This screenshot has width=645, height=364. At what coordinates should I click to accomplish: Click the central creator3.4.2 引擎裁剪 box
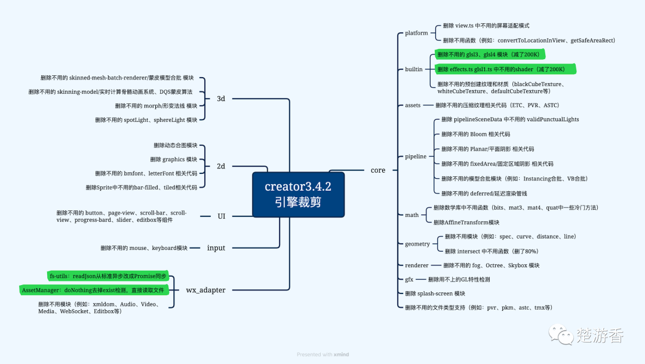coord(298,194)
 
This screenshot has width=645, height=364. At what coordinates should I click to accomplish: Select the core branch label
coord(377,170)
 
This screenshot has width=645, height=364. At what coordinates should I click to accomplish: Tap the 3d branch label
coord(220,99)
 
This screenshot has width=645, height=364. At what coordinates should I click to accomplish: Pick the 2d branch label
coord(220,166)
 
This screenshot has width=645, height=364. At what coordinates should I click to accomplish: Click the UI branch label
coord(221,216)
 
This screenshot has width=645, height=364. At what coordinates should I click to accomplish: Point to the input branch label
coord(216,248)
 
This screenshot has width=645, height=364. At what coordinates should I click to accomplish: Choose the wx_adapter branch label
coord(205,290)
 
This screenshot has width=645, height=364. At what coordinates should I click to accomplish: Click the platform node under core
coord(416,33)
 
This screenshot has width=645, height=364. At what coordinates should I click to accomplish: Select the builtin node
coord(413,69)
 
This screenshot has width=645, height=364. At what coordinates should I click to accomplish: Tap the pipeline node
coord(416,157)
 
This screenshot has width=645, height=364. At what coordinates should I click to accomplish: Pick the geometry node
coord(417,244)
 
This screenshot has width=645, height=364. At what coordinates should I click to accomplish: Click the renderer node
coord(416,265)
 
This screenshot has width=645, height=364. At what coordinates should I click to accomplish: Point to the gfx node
coord(409,280)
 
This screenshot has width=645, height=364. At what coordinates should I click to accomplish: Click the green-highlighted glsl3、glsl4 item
coord(488,54)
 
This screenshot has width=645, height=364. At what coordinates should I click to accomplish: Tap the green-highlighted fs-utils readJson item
coord(107,276)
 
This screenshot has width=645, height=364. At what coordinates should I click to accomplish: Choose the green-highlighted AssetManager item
coord(92,290)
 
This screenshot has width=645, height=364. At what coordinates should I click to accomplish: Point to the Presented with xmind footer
coord(322,354)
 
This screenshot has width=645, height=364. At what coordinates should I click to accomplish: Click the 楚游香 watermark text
coord(600,335)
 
